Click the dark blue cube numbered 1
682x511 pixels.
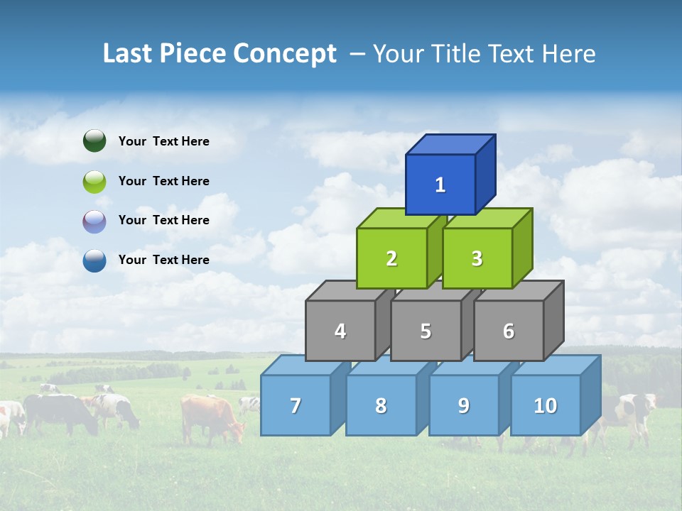coord(440,185)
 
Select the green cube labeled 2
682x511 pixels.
coord(391,258)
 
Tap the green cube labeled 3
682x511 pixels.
coord(477,258)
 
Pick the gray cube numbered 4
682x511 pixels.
coord(340,331)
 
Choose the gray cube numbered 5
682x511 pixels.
coord(426,331)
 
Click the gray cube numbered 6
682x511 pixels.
coord(509,331)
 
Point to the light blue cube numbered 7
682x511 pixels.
coord(296,405)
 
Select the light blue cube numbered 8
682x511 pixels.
coord(381,405)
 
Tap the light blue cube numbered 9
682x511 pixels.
coord(464,405)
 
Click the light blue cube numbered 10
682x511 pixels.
coord(546,405)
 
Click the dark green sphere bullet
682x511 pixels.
coord(94,141)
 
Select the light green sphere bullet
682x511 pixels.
coord(94,181)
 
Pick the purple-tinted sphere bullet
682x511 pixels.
coord(94,221)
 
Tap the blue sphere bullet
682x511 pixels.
coord(94,260)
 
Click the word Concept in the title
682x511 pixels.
coord(285,54)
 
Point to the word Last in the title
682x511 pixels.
coord(128,54)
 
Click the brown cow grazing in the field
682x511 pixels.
coord(210,417)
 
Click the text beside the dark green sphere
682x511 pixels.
coord(164,141)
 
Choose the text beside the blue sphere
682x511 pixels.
coord(164,260)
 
